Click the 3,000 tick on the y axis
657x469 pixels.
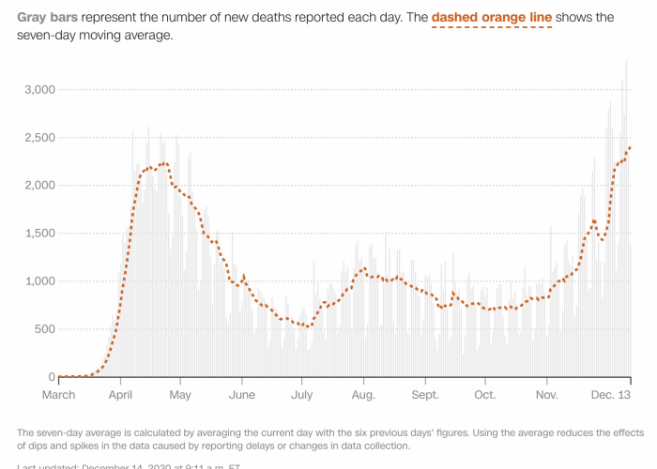pyautogui.click(x=39, y=89)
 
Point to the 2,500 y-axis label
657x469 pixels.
pyautogui.click(x=39, y=137)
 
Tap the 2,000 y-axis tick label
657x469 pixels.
pyautogui.click(x=39, y=185)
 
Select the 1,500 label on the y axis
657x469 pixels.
pyautogui.click(x=39, y=233)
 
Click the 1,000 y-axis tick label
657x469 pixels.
pyautogui.click(x=39, y=280)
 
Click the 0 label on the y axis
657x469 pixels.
pyautogui.click(x=52, y=376)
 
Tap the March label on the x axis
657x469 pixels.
pyautogui.click(x=59, y=395)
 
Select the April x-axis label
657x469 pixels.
pyautogui.click(x=120, y=395)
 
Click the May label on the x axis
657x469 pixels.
pyautogui.click(x=181, y=395)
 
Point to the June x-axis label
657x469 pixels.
pyautogui.click(x=242, y=395)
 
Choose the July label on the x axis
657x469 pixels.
pyautogui.click(x=302, y=395)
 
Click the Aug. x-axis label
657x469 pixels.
pyautogui.click(x=363, y=395)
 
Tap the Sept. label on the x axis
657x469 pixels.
pyautogui.click(x=425, y=395)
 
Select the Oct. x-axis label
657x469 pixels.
pyautogui.click(x=485, y=395)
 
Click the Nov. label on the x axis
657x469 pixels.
pyautogui.click(x=546, y=395)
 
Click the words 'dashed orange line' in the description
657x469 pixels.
pyautogui.click(x=492, y=18)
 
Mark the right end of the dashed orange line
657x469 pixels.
pyautogui.click(x=630, y=147)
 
